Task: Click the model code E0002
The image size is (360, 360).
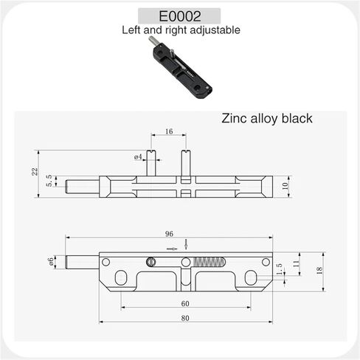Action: (180, 16)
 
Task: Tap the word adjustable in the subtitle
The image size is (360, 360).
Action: (215, 30)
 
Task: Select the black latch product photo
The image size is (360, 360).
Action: (180, 67)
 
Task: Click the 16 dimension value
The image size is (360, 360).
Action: (169, 131)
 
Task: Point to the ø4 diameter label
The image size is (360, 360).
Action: (138, 156)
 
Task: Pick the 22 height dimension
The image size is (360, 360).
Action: (35, 171)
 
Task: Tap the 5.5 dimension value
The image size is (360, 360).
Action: (49, 181)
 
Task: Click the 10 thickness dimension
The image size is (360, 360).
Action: (285, 186)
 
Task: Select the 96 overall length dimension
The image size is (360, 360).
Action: (169, 234)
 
